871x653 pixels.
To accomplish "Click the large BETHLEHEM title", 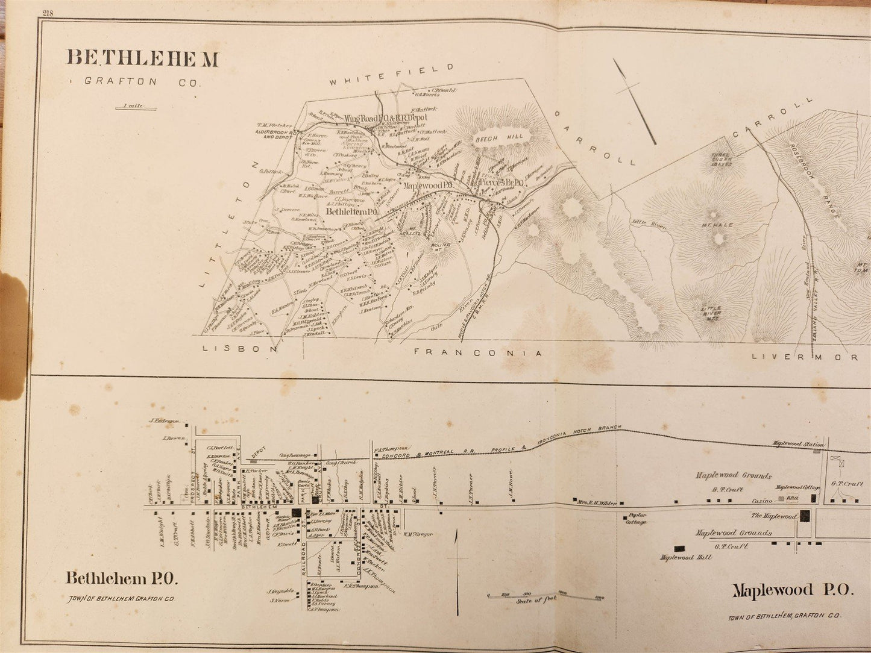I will pos(143,58).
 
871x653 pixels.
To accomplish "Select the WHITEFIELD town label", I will pos(390,71).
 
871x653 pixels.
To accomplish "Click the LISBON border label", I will pos(240,349).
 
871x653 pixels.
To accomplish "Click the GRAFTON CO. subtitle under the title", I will pos(142,81).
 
